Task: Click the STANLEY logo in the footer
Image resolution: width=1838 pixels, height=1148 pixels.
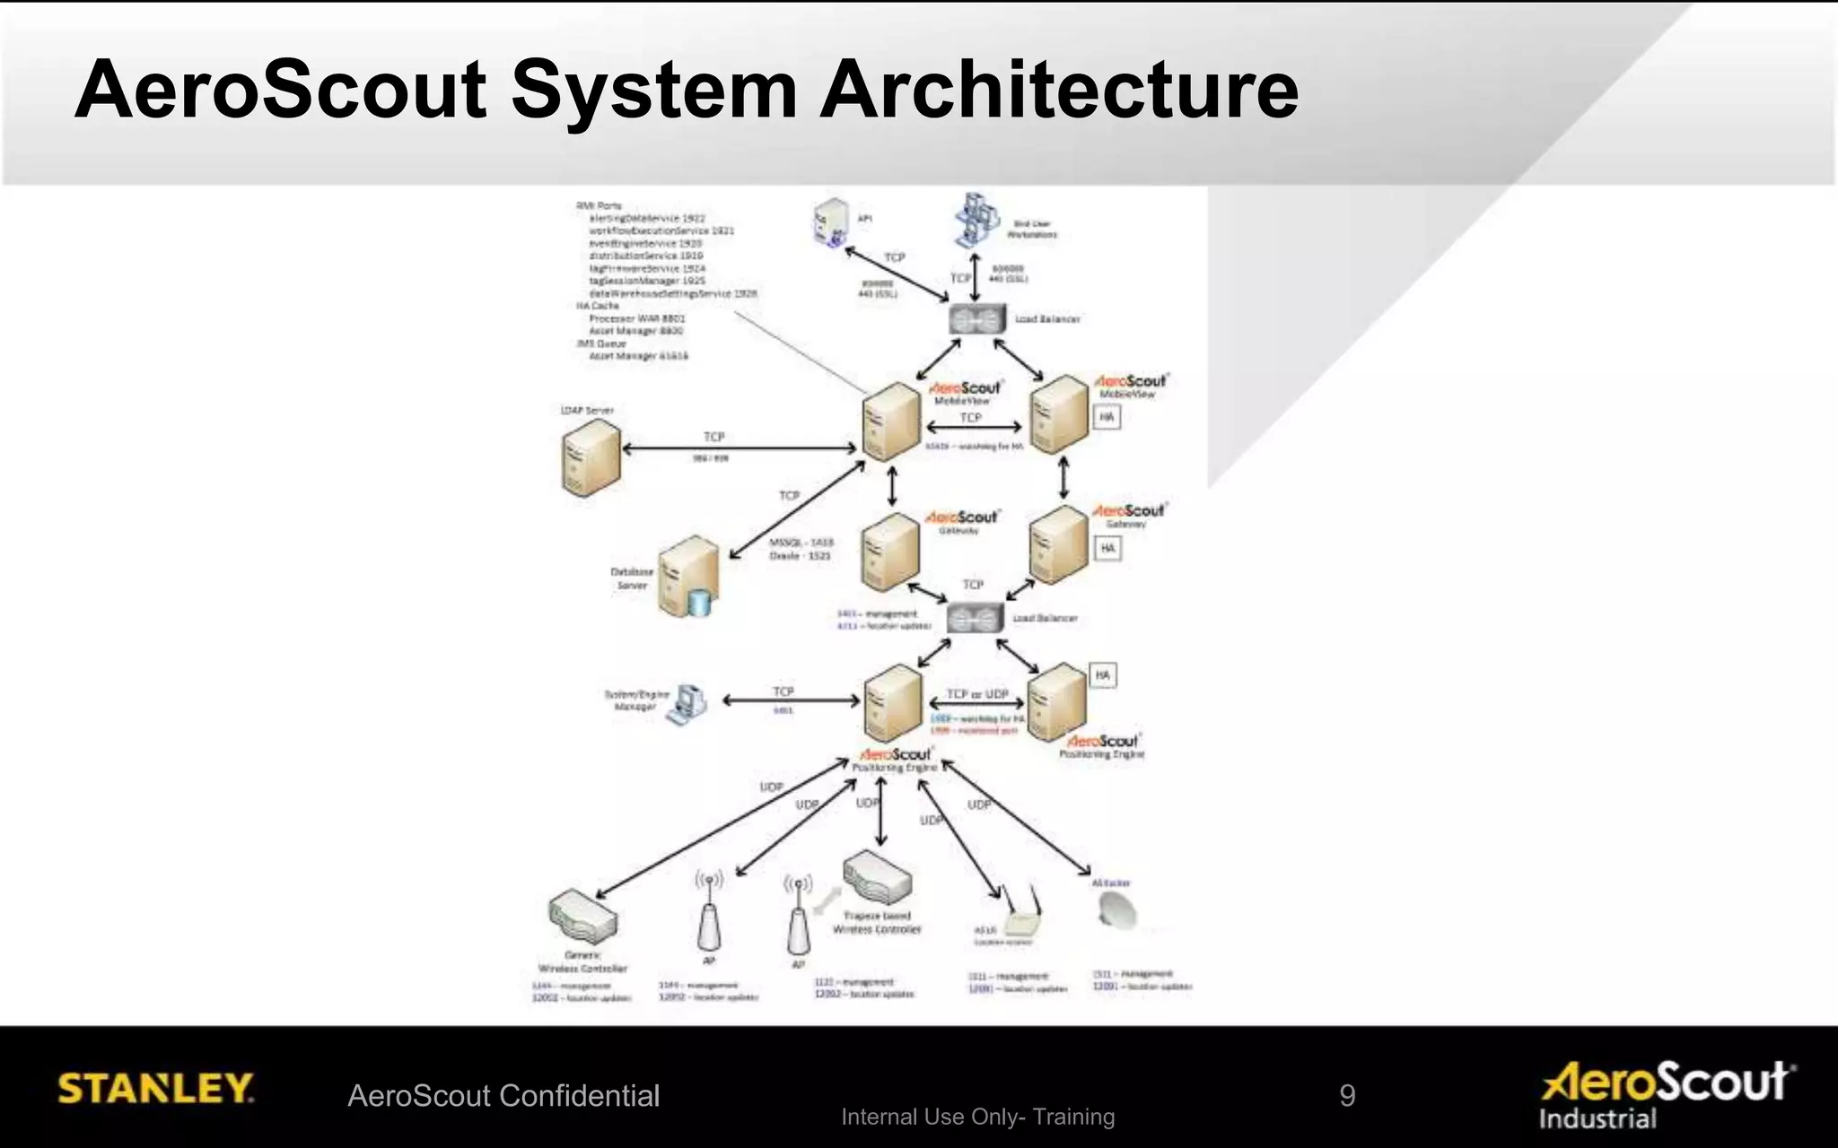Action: pyautogui.click(x=156, y=1088)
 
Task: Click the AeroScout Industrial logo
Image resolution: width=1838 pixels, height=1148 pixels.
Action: pyautogui.click(x=1667, y=1094)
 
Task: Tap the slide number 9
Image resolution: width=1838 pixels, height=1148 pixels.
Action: pyautogui.click(x=1347, y=1095)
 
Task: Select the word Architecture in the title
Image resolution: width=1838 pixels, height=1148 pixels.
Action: pyautogui.click(x=1059, y=90)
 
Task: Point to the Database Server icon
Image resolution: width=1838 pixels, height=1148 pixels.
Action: pyautogui.click(x=689, y=578)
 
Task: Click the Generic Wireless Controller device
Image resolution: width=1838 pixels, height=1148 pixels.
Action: pyautogui.click(x=583, y=917)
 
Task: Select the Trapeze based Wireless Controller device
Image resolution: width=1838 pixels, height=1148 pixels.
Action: pyautogui.click(x=877, y=874)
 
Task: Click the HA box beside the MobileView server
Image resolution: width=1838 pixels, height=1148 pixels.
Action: pyautogui.click(x=1107, y=417)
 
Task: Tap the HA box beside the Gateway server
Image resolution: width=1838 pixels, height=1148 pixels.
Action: pyautogui.click(x=1107, y=548)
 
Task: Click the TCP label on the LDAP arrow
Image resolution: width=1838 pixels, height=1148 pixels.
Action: pyautogui.click(x=713, y=437)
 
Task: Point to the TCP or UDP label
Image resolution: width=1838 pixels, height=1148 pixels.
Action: pyautogui.click(x=977, y=694)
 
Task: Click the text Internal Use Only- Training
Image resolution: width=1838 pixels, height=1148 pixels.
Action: pyautogui.click(x=977, y=1117)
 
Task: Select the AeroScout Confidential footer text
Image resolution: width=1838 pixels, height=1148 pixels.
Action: pyautogui.click(x=503, y=1096)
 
